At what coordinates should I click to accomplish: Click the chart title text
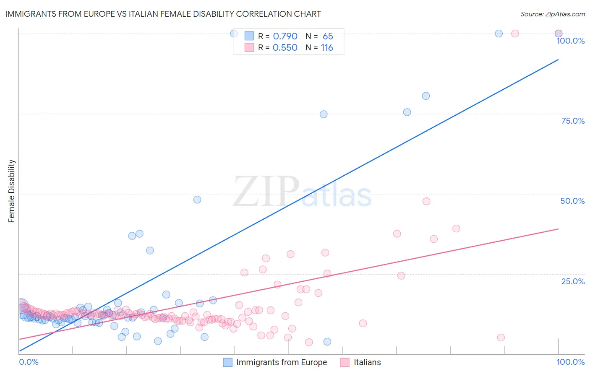[x=163, y=14]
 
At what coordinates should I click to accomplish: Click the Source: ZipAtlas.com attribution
[x=552, y=14]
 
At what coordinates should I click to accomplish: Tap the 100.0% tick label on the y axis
[x=570, y=41]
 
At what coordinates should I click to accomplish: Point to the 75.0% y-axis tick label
[x=573, y=121]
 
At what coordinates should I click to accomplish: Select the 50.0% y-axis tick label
[x=572, y=201]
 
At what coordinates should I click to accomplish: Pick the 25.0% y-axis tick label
[x=573, y=281]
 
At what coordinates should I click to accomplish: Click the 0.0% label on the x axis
[x=29, y=362]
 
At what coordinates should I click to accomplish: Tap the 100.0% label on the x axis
[x=570, y=362]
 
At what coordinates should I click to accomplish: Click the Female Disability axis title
[x=12, y=191]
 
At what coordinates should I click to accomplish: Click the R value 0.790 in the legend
[x=285, y=36]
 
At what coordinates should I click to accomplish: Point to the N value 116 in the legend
[x=327, y=48]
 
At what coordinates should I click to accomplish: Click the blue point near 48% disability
[x=197, y=200]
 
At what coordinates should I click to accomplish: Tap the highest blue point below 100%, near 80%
[x=426, y=96]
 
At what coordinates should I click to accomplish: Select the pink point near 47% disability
[x=426, y=201]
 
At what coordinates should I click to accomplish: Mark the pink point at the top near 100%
[x=515, y=34]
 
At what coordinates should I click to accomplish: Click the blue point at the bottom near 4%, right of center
[x=327, y=342]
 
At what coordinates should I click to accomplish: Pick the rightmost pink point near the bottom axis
[x=501, y=338]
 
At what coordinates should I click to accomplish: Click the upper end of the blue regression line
[x=558, y=60]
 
